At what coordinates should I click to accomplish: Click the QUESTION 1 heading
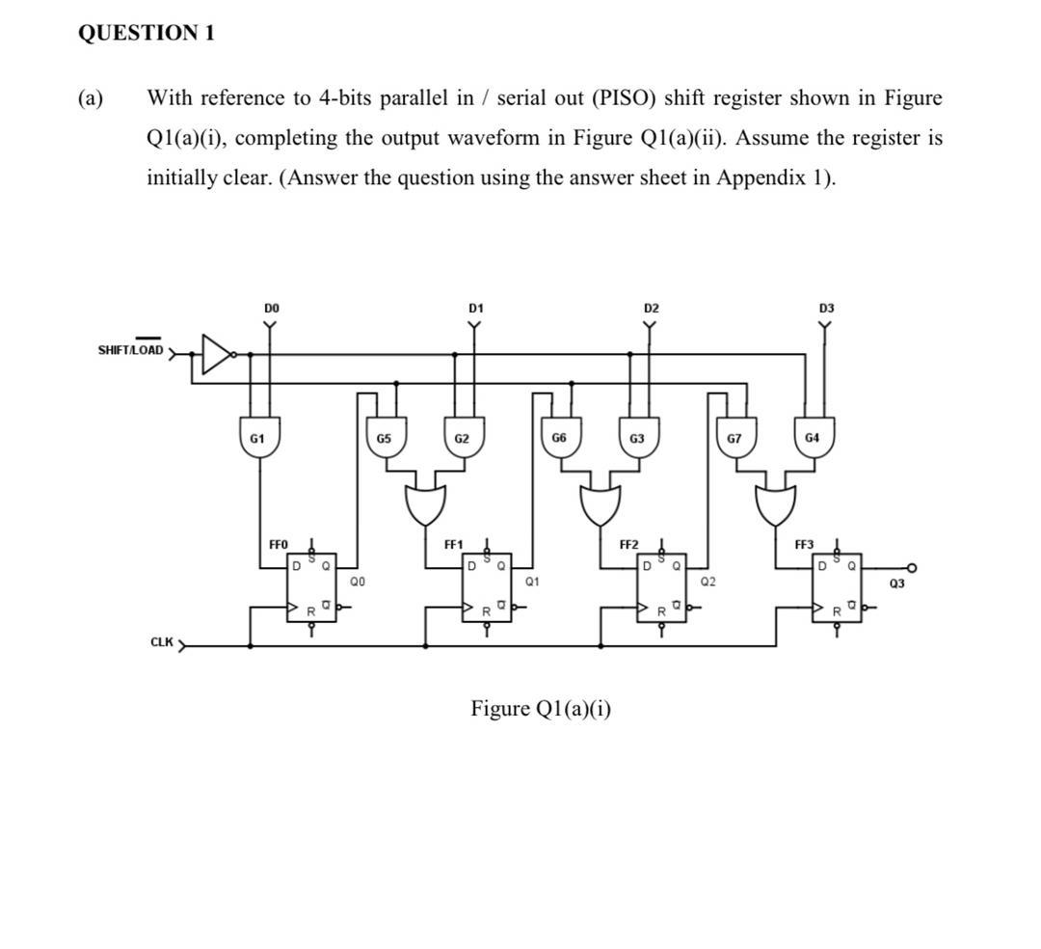(146, 33)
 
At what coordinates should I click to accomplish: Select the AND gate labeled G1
(257, 439)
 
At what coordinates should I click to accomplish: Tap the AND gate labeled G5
(384, 439)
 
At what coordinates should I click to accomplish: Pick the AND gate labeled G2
(463, 439)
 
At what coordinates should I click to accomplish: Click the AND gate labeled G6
(559, 439)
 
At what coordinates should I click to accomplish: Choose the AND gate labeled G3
(637, 439)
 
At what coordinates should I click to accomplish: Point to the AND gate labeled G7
(734, 439)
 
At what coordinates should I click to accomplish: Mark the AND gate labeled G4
(814, 439)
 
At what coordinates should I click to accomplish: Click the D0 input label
(272, 307)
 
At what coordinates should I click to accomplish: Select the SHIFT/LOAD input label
(131, 349)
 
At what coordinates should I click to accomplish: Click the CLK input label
(162, 642)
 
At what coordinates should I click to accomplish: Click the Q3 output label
(896, 584)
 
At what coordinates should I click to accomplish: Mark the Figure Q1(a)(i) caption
(540, 710)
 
